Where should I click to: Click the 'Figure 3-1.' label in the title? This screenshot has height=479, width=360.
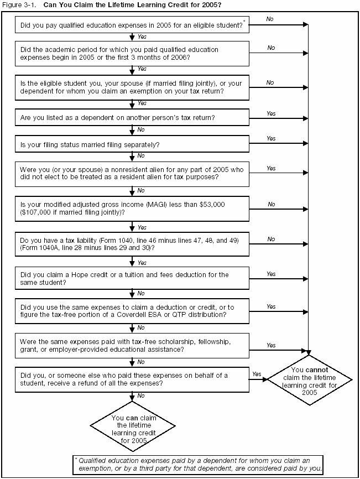tap(16, 4)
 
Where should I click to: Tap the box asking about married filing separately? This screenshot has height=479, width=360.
tap(132, 145)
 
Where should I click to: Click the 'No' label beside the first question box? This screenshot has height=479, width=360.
tap(269, 19)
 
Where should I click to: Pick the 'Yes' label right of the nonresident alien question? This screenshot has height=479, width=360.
tap(271, 168)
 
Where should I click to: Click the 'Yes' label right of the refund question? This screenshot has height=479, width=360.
tap(257, 374)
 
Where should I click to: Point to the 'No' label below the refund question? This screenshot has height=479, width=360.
tap(141, 396)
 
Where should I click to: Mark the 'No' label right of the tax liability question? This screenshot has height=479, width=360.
tap(271, 239)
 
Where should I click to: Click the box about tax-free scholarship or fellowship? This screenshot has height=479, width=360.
tap(132, 345)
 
